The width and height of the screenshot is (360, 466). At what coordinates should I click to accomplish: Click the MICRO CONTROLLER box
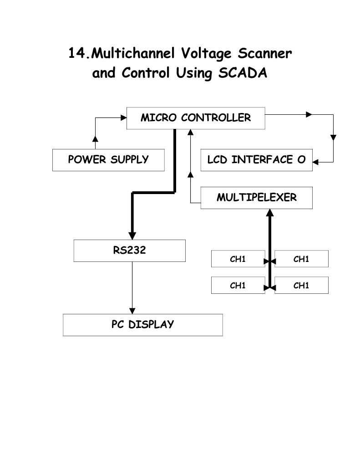pyautogui.click(x=195, y=118)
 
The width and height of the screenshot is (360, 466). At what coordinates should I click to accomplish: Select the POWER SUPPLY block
pyautogui.click(x=108, y=160)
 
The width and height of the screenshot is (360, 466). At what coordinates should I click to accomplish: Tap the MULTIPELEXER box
pyautogui.click(x=256, y=198)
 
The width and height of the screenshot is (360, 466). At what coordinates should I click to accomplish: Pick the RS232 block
pyautogui.click(x=129, y=251)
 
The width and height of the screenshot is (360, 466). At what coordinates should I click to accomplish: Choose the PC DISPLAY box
pyautogui.click(x=142, y=325)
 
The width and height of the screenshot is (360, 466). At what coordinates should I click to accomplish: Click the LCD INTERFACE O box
pyautogui.click(x=256, y=160)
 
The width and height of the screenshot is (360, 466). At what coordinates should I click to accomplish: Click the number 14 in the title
pyautogui.click(x=77, y=53)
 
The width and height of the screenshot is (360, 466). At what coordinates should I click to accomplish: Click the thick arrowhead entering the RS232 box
pyautogui.click(x=132, y=235)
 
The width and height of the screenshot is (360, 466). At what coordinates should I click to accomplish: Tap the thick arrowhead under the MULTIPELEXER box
pyautogui.click(x=270, y=213)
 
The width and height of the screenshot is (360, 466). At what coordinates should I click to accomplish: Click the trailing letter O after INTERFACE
pyautogui.click(x=301, y=160)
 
